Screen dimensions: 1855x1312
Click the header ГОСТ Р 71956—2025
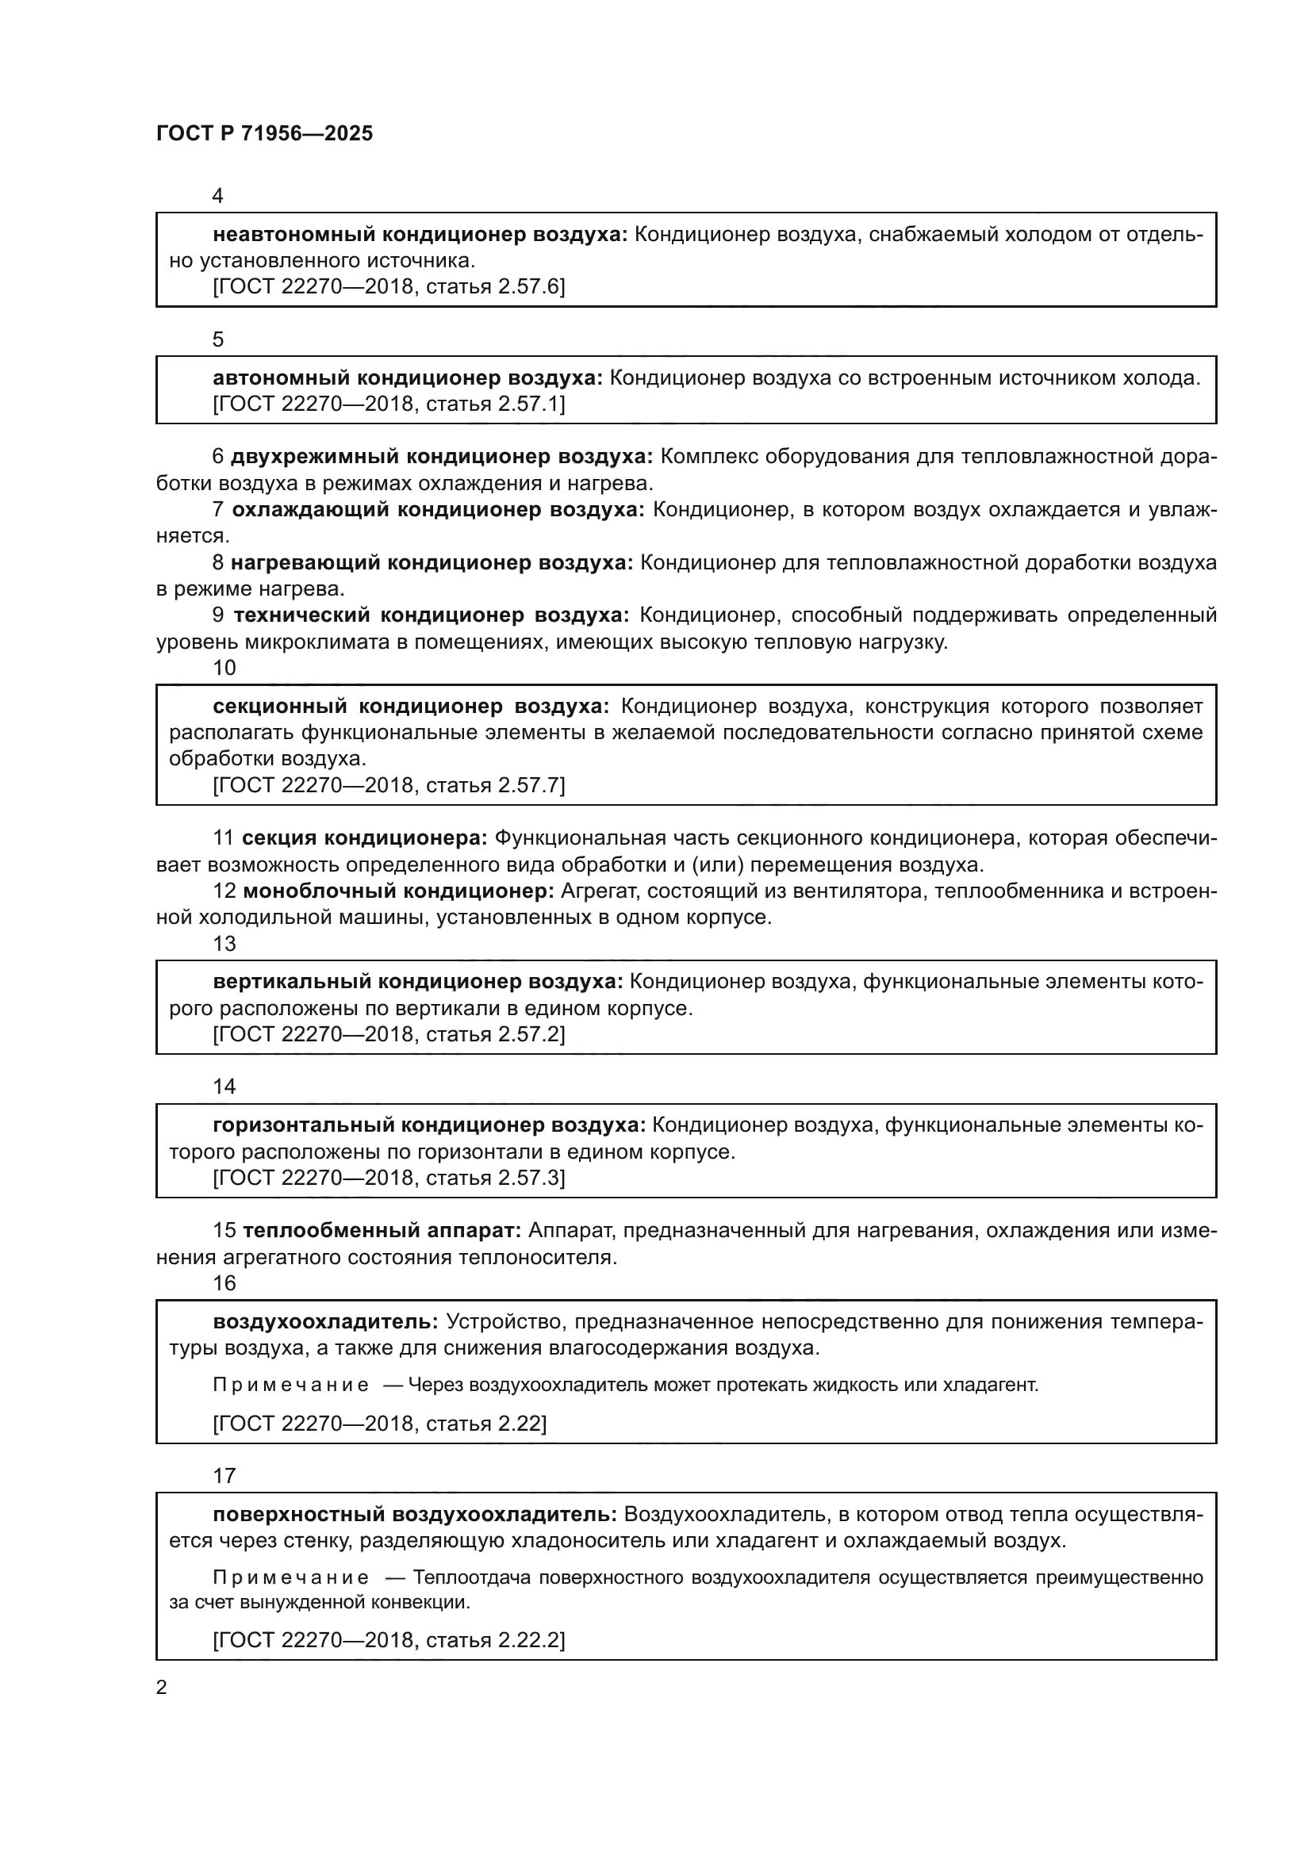pos(264,134)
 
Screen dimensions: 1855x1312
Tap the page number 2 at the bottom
pos(162,1687)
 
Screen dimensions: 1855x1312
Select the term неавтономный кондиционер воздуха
pos(420,234)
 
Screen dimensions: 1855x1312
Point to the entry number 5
pos(218,339)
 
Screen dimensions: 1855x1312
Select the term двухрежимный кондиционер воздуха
pos(441,457)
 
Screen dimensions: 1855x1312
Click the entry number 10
pos(224,667)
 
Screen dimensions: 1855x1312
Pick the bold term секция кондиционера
pos(364,837)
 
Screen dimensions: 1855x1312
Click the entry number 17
pos(224,1476)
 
